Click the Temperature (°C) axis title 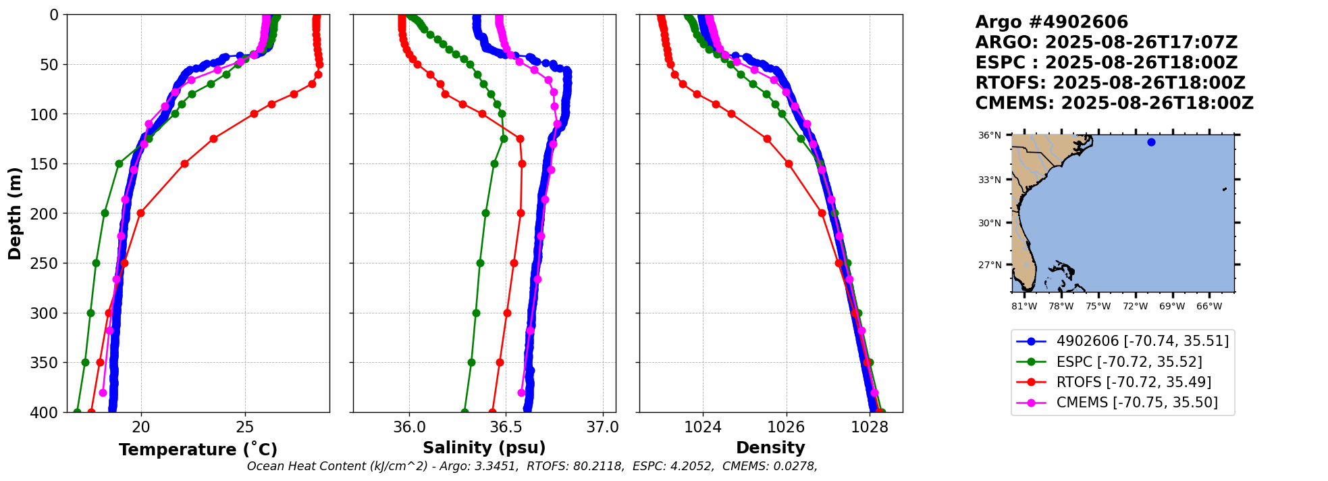tap(198, 450)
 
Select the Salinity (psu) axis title tap(484, 448)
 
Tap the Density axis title tap(770, 448)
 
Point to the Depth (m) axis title tap(15, 213)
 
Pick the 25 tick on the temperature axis tap(245, 427)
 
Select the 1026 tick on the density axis tap(787, 427)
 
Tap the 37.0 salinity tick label tap(602, 427)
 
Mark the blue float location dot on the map tap(1151, 142)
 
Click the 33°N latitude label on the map tap(990, 180)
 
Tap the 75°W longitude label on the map tap(1098, 307)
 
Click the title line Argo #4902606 tap(1051, 22)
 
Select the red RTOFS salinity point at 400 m tap(492, 411)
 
